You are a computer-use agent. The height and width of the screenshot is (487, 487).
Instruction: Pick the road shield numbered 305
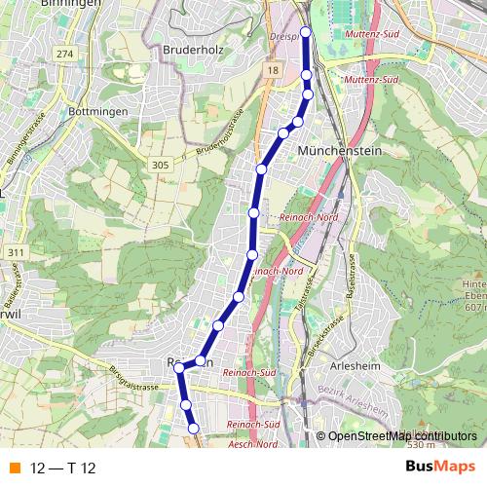162,167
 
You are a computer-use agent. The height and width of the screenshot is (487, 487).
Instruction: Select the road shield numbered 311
14,252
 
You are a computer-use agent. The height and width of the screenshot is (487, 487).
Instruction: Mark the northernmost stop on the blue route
306,32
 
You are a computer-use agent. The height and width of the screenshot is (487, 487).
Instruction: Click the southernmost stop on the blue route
193,428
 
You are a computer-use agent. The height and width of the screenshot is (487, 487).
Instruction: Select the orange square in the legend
14,468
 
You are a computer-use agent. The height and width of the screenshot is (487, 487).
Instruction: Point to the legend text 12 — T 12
62,468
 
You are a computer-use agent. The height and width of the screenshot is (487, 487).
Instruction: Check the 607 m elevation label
475,308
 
